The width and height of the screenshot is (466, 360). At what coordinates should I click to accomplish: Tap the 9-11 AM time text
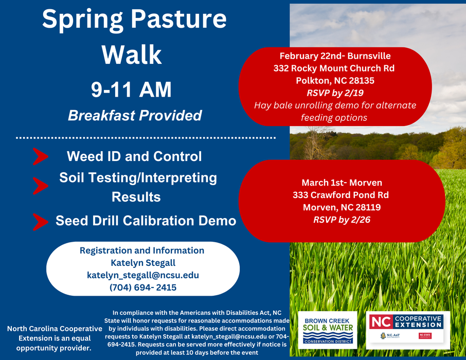click(x=131, y=90)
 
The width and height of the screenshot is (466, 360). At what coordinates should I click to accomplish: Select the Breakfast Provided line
click(x=135, y=115)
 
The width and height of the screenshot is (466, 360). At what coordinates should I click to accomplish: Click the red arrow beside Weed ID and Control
click(x=40, y=156)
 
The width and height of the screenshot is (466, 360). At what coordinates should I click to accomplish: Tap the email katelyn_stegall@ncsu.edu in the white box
click(x=142, y=275)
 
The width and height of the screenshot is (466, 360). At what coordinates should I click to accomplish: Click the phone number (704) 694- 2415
click(x=142, y=287)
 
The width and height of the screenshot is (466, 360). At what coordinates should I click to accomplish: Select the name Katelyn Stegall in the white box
click(x=142, y=263)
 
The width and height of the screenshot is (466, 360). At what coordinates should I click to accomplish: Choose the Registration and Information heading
click(x=142, y=250)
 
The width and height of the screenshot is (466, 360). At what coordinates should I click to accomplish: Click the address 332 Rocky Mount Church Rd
click(x=335, y=68)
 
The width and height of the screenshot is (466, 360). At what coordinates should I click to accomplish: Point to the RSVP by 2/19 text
click(x=335, y=93)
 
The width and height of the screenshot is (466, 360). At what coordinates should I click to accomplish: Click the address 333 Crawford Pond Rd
click(x=340, y=195)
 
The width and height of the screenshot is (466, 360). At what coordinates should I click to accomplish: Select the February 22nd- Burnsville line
click(x=335, y=56)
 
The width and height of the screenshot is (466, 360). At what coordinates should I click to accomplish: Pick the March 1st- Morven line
click(x=342, y=183)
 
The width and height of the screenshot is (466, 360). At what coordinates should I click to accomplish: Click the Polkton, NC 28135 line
click(x=335, y=80)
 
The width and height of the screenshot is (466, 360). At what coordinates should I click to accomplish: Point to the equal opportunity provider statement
click(x=54, y=338)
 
